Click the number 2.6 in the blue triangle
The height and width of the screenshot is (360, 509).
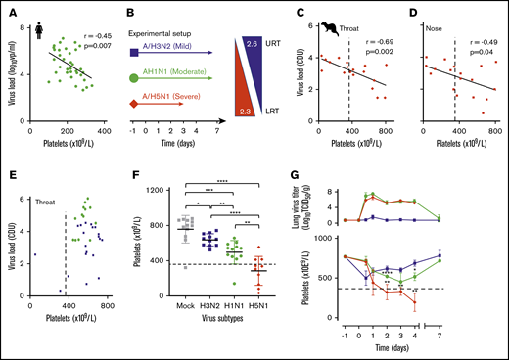pos(253,45)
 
